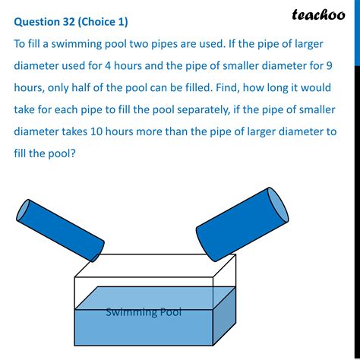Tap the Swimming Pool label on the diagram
144,311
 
